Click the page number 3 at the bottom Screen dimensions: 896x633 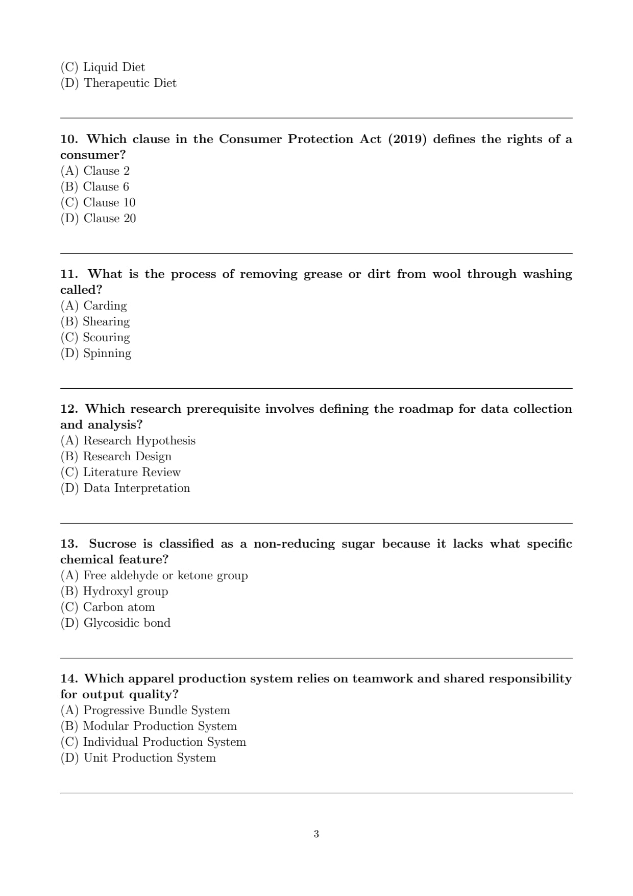[x=316, y=834]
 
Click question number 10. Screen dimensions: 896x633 [x=69, y=139]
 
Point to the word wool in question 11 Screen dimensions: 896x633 [x=446, y=274]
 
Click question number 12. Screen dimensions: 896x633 [x=69, y=409]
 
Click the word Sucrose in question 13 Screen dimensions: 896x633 [x=112, y=544]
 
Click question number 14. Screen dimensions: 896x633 [x=69, y=678]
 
